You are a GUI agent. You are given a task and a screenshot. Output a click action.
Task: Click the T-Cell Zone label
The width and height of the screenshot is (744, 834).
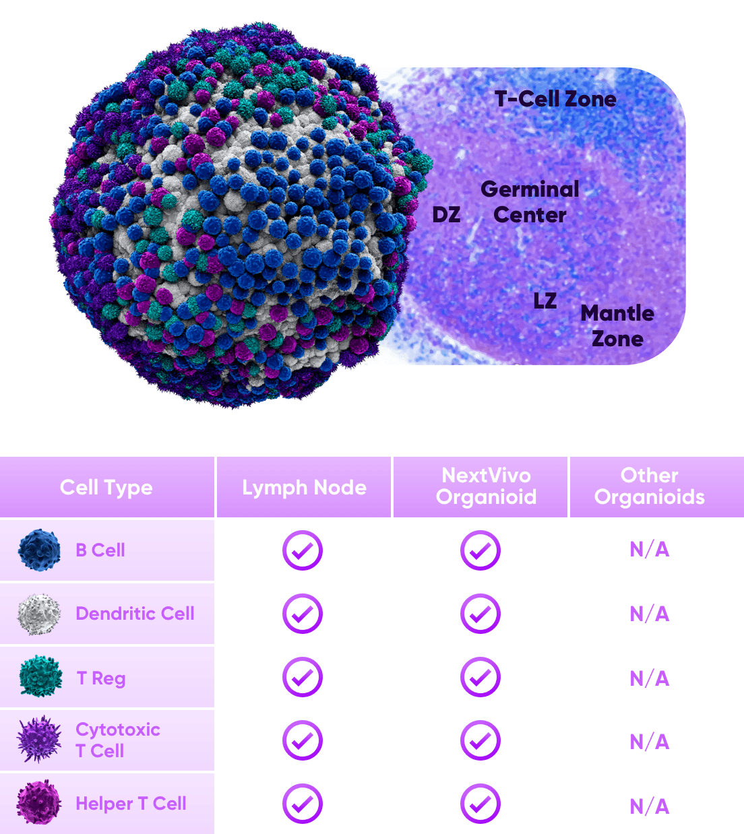pos(555,99)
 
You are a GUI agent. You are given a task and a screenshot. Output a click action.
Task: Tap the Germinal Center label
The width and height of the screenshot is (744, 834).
pos(530,202)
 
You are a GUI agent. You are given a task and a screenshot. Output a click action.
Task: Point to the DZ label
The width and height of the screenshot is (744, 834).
pos(446,214)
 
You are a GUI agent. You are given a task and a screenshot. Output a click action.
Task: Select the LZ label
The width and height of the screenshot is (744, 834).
pos(545,300)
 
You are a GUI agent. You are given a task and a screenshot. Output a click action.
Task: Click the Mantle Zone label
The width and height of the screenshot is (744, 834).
pos(617,325)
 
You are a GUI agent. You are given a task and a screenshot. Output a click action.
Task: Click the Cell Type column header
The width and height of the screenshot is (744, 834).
pos(106,487)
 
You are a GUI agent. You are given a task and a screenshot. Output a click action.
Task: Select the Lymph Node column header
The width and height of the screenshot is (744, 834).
pos(304,487)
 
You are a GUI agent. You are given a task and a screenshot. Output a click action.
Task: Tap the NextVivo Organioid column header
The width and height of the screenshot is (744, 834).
pos(487,486)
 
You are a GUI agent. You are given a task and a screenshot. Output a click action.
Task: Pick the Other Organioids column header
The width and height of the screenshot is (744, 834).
pos(649,486)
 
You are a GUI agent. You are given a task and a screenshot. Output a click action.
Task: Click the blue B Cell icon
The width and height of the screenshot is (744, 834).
pos(39,550)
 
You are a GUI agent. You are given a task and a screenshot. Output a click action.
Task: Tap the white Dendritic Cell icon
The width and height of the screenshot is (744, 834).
pos(38,614)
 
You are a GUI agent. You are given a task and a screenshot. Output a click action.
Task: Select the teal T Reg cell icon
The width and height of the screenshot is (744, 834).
pos(40,676)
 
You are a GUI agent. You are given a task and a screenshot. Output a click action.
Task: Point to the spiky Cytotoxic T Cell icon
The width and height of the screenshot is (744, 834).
pos(39,739)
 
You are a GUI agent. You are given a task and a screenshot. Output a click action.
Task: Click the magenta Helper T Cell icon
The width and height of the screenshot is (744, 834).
pos(38,802)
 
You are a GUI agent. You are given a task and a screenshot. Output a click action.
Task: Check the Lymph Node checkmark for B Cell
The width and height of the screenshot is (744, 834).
pos(303,550)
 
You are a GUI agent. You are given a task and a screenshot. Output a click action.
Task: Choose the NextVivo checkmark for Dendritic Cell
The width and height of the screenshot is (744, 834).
pos(480,614)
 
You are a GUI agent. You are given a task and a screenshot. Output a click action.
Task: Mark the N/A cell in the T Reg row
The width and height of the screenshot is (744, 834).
pos(650,678)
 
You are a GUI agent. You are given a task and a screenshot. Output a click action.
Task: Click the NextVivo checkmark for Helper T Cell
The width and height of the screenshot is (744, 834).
pos(480,804)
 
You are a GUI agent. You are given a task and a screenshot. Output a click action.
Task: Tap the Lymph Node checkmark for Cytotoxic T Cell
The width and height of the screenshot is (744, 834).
pos(303,740)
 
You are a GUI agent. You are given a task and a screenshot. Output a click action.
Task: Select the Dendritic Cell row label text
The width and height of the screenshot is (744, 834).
pos(135,613)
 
